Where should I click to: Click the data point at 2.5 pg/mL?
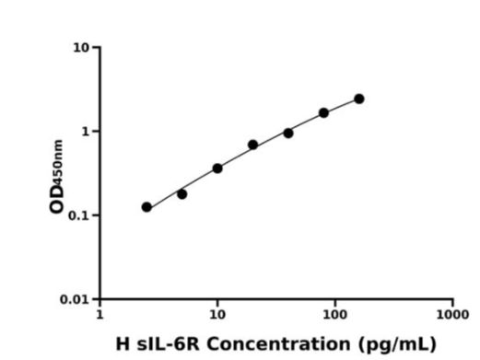click(146, 207)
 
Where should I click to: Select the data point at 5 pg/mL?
click(181, 194)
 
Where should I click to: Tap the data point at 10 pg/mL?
click(217, 168)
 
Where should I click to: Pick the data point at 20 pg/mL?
click(252, 145)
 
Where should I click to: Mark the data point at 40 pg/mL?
click(288, 134)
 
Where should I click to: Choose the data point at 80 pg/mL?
click(323, 113)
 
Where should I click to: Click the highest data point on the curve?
click(359, 99)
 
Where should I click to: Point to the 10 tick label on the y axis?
click(81, 47)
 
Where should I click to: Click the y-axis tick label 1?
click(85, 132)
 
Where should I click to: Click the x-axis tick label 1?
click(100, 314)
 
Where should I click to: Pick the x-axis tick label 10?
click(217, 314)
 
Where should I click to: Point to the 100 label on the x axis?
click(335, 314)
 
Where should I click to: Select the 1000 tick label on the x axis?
click(452, 314)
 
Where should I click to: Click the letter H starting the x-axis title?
click(123, 344)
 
